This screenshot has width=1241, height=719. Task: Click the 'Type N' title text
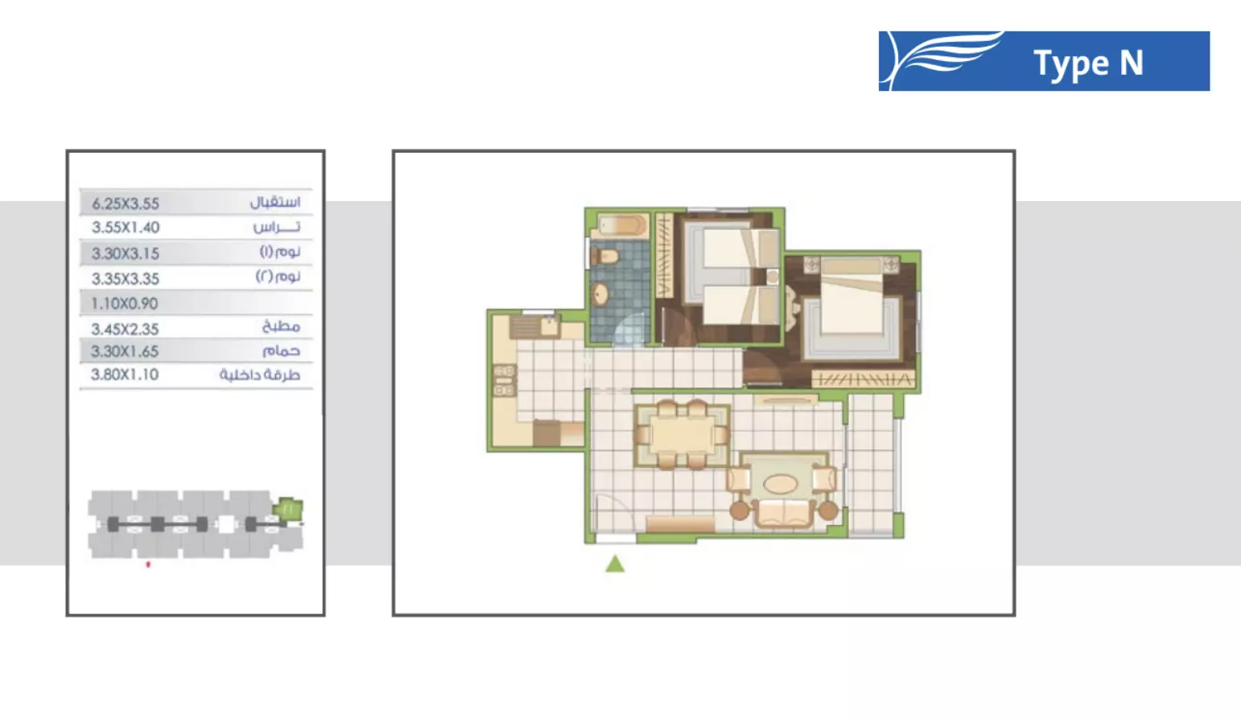tap(1088, 64)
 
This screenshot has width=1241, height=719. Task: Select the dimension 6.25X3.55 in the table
tap(126, 203)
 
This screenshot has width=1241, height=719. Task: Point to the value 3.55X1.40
tap(126, 228)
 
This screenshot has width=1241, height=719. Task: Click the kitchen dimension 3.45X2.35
tap(125, 329)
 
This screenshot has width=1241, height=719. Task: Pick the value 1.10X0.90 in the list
tap(125, 304)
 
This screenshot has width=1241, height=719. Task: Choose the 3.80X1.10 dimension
tap(125, 375)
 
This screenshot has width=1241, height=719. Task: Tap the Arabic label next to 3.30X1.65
tap(281, 351)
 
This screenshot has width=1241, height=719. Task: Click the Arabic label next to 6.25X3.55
tap(274, 202)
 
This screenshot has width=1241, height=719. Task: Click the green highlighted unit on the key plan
tap(287, 508)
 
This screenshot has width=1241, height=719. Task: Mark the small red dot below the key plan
tap(148, 565)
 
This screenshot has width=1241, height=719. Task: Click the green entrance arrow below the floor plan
tap(615, 564)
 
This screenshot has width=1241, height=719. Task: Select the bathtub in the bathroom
tap(620, 225)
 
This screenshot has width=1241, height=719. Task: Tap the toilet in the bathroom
tap(605, 257)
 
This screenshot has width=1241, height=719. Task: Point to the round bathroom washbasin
tap(600, 294)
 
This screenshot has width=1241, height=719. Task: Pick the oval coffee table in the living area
tap(780, 484)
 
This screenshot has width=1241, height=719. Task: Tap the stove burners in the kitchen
tap(504, 380)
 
